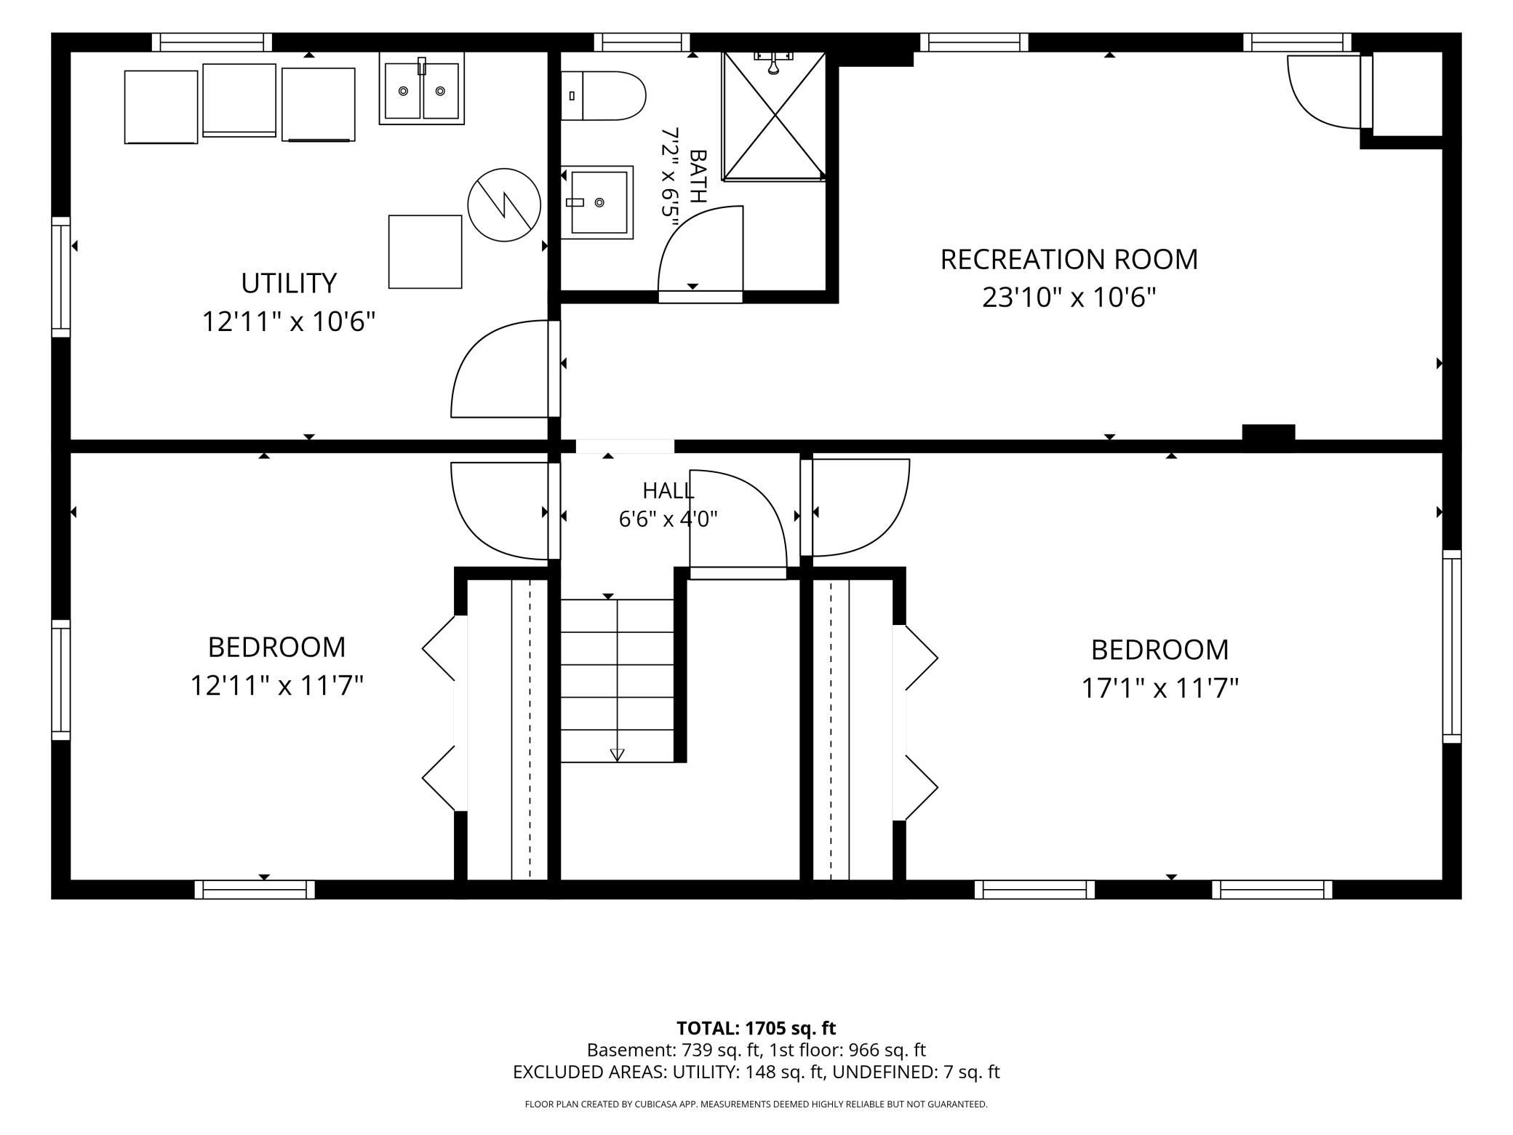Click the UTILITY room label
(x=289, y=283)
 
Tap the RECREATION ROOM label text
(x=1069, y=260)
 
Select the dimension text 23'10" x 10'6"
(x=1069, y=298)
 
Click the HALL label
(x=668, y=490)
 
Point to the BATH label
(x=698, y=176)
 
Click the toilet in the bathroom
(x=603, y=96)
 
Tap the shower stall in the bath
(x=774, y=116)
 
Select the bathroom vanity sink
(x=597, y=202)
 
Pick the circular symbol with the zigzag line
(x=504, y=205)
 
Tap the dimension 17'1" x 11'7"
(x=1159, y=688)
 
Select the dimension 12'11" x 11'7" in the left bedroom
(x=276, y=685)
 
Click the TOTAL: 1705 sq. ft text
(x=756, y=1028)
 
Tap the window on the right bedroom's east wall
(x=1452, y=646)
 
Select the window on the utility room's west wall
(x=61, y=277)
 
